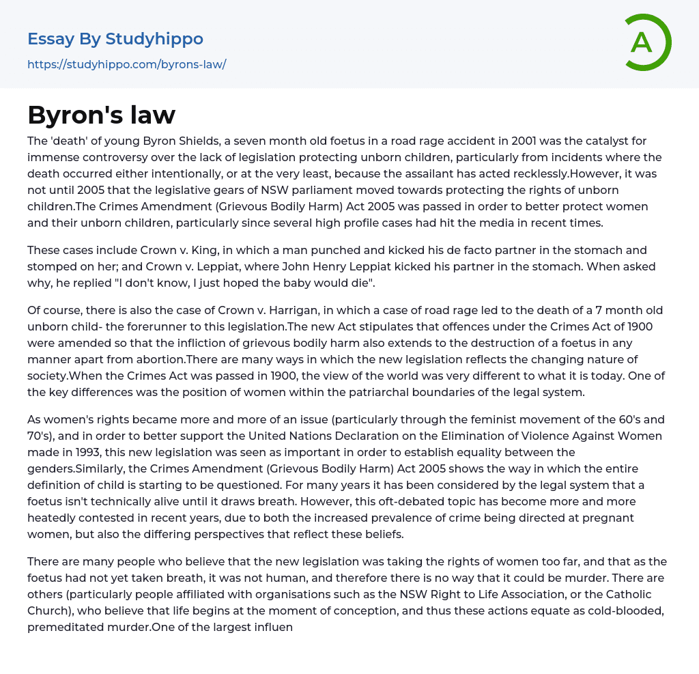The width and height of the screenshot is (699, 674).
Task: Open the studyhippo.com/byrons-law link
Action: point(126,65)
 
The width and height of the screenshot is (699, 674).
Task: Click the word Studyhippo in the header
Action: point(154,39)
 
